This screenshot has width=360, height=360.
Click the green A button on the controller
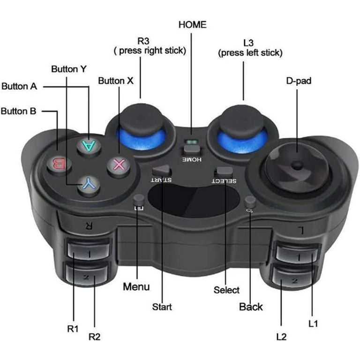tap(89, 145)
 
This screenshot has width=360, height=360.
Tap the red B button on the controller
tap(59, 164)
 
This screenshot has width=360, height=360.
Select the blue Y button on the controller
tap(89, 185)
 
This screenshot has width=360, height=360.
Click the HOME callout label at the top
tap(192, 25)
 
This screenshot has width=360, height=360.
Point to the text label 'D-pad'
tap(299, 81)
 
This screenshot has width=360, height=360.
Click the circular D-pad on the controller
tap(297, 167)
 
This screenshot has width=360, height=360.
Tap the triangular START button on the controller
tap(162, 171)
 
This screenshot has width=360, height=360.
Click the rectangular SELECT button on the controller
tap(224, 172)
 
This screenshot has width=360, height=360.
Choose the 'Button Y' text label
tap(68, 69)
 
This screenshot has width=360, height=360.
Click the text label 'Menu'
tap(136, 286)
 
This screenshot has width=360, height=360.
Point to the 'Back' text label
tap(251, 307)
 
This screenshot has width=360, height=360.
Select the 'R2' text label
tap(94, 337)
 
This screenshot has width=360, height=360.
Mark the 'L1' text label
tap(313, 324)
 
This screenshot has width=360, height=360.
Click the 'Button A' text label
tap(19, 86)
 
